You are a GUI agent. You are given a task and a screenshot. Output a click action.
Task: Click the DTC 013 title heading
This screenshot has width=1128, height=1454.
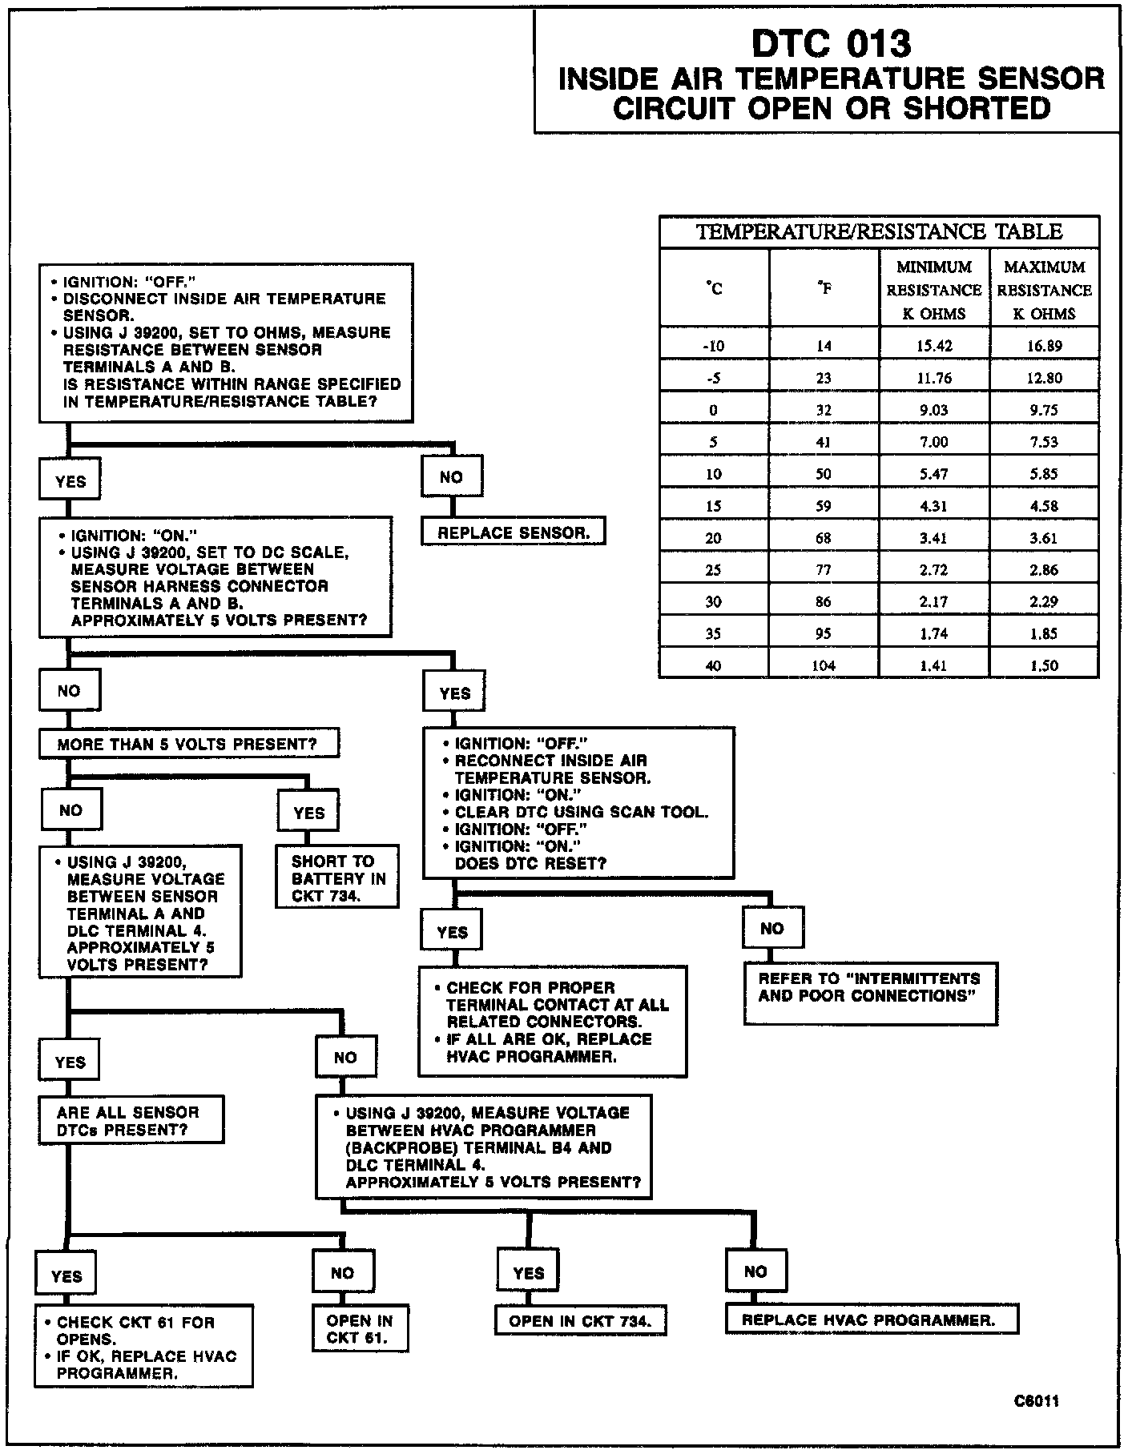(831, 45)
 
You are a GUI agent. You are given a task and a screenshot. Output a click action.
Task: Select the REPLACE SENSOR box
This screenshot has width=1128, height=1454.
(514, 532)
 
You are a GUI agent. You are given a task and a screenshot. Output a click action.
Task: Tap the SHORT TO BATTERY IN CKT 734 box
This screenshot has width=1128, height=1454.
(337, 878)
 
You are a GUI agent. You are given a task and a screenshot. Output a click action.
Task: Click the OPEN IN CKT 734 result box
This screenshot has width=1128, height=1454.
(580, 1321)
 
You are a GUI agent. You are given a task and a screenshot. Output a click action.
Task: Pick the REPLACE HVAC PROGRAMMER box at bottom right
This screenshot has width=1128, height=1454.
(871, 1319)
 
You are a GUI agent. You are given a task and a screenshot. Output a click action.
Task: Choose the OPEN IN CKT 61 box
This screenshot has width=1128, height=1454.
(360, 1329)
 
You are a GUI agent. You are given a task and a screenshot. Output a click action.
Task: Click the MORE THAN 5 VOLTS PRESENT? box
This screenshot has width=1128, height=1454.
(188, 744)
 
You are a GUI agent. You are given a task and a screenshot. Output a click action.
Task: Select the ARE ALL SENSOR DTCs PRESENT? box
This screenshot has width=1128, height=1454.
(131, 1120)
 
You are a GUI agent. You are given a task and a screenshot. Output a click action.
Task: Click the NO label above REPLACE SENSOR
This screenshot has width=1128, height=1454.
(452, 477)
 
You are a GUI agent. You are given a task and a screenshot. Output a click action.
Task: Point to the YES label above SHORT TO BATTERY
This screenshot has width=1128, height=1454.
(309, 813)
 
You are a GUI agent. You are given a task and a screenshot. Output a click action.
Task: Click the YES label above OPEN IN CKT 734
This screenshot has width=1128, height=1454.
(528, 1272)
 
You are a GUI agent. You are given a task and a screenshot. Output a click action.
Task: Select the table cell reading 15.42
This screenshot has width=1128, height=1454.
(934, 346)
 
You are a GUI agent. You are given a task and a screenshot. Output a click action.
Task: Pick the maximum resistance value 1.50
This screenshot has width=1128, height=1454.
(1044, 665)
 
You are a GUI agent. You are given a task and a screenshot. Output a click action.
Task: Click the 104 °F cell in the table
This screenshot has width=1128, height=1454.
(824, 665)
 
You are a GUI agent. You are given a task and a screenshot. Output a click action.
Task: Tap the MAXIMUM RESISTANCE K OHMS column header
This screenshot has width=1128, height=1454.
(1044, 290)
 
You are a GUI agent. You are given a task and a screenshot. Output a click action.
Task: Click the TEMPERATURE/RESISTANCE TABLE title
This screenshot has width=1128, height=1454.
(879, 232)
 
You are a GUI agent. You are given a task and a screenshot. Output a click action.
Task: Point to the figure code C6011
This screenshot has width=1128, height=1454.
(1036, 1401)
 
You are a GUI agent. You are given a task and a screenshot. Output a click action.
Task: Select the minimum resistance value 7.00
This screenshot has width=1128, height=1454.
(934, 442)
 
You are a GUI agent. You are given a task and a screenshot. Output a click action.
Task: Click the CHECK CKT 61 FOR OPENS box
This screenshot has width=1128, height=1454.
(143, 1347)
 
